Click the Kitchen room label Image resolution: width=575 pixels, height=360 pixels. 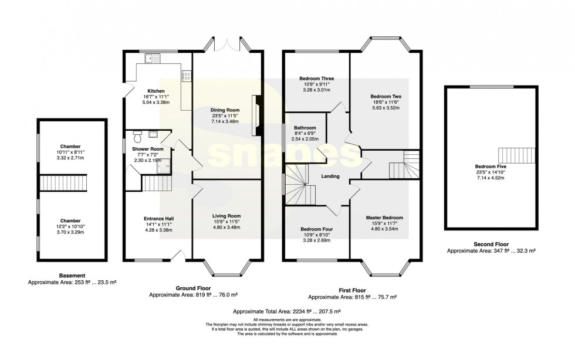coord(155,91)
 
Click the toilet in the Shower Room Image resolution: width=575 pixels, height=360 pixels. coord(138,137)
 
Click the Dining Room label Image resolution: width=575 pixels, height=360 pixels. coord(225,110)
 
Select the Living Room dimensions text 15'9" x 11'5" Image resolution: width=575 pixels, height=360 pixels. coord(225,221)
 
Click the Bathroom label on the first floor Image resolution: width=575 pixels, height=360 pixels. coord(305,128)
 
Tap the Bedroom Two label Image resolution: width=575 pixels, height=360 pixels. coord(385,96)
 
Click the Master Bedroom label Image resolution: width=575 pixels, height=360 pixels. coord(384,218)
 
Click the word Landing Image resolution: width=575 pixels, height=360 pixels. coord(330,175)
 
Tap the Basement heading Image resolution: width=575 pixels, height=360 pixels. coord(72,276)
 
